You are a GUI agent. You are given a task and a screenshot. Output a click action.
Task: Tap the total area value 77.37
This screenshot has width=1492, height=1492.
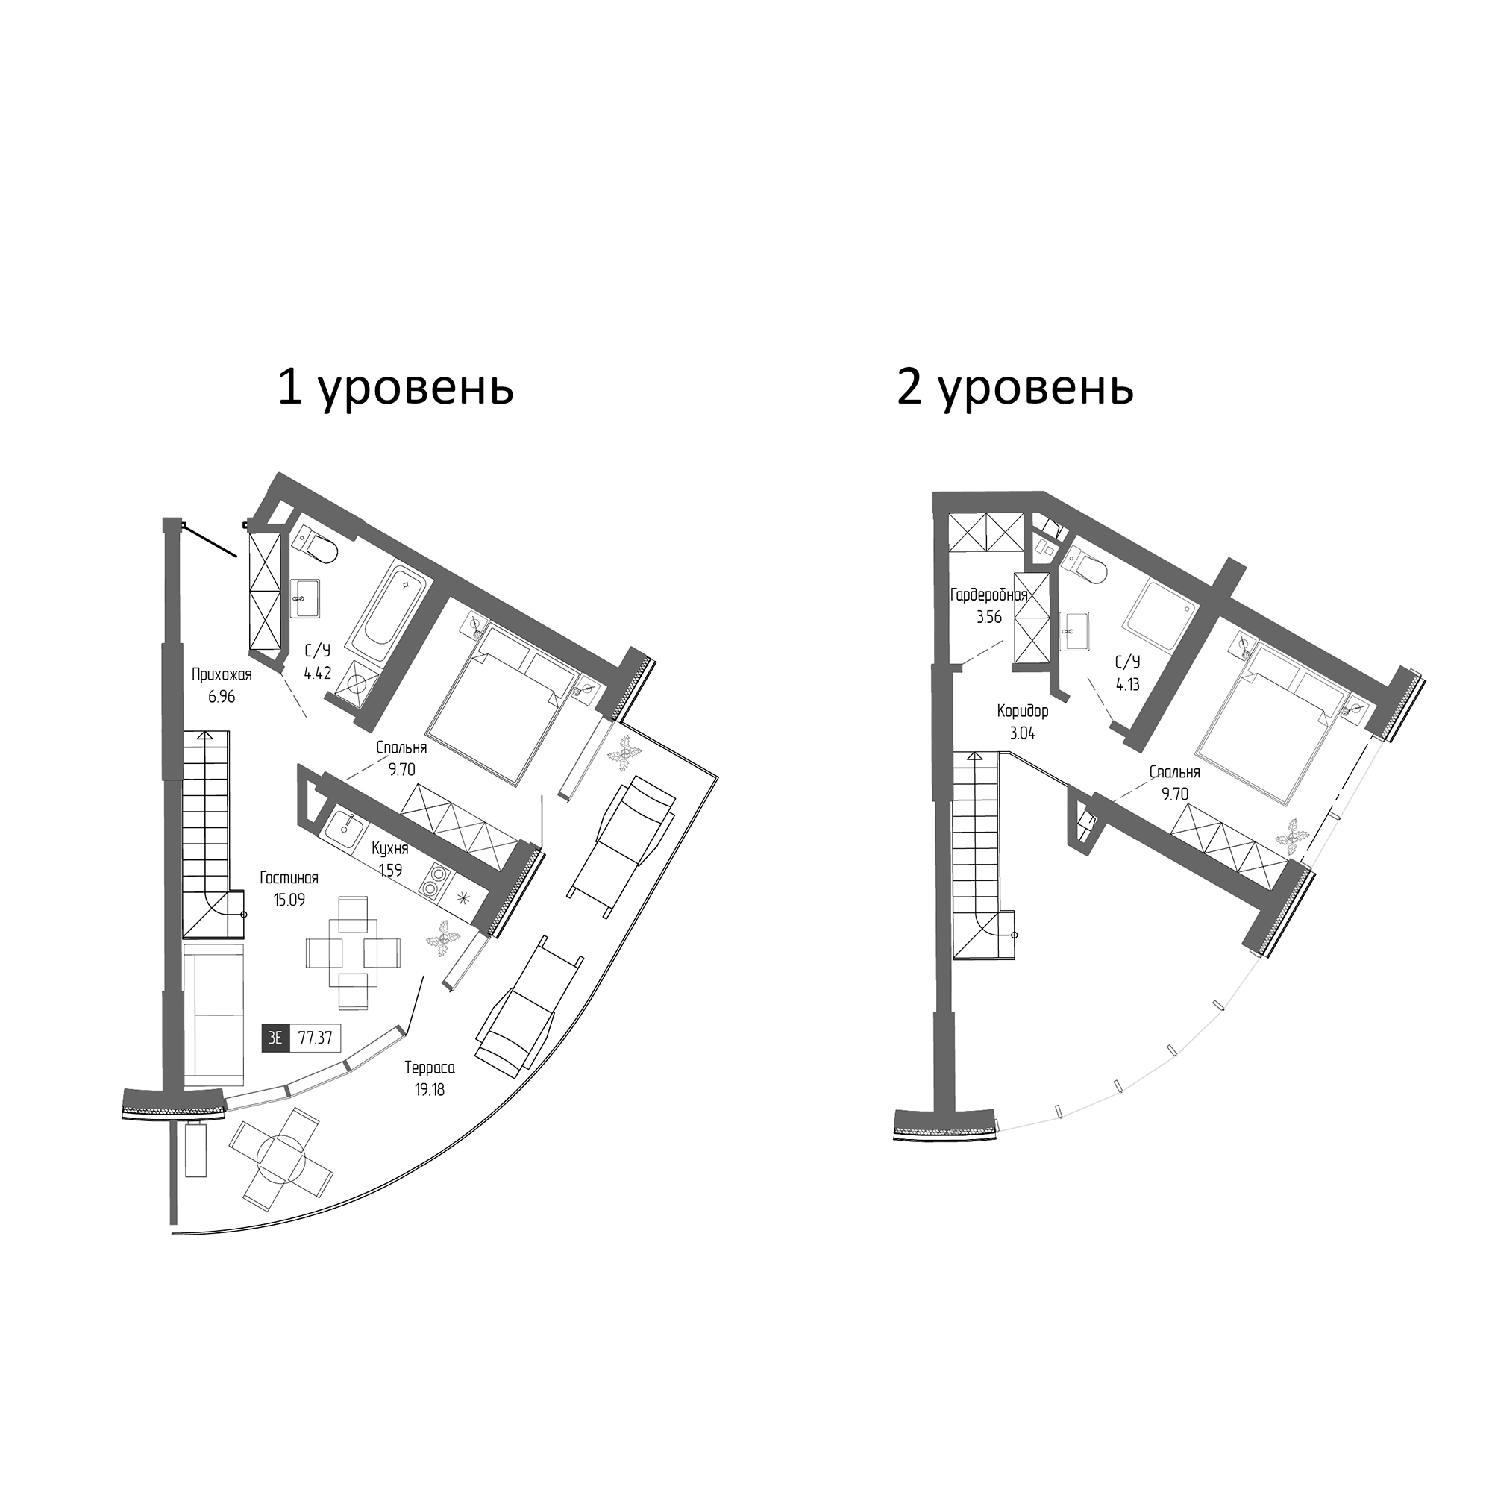(x=315, y=1037)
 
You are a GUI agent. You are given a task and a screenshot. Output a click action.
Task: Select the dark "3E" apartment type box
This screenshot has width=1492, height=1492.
(x=275, y=1037)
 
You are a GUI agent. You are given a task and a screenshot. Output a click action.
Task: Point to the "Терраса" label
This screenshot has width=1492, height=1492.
(x=430, y=1068)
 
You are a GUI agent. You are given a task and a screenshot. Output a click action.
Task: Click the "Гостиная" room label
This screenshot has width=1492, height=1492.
(x=289, y=878)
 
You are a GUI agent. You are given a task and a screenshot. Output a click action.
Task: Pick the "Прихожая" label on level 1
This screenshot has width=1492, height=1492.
(x=222, y=675)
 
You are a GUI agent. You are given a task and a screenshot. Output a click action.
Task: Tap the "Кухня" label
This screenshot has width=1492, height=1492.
(x=389, y=849)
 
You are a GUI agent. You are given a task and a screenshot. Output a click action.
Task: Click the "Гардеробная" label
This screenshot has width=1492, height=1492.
(x=988, y=595)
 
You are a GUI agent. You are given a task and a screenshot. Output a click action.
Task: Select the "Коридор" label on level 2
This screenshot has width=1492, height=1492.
(x=1023, y=710)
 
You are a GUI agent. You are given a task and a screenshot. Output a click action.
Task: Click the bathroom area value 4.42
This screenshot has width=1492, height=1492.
(x=316, y=673)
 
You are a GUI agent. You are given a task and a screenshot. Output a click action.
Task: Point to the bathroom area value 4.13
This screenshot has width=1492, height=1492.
(x=1127, y=684)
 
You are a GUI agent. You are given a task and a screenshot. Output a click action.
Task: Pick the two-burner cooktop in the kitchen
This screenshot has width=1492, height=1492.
(x=435, y=881)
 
